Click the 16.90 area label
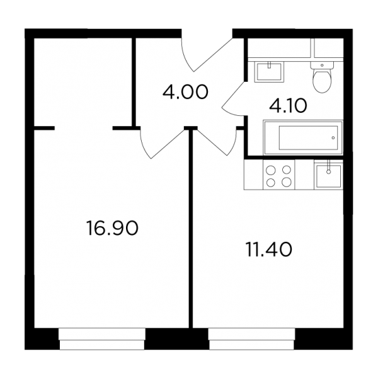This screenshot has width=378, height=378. (112, 228)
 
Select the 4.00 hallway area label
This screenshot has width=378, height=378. (185, 93)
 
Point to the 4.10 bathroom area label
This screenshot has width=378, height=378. (288, 106)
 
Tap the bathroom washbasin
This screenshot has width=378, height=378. (269, 72)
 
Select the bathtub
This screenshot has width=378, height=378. (303, 137)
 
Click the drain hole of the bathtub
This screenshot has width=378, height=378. (333, 138)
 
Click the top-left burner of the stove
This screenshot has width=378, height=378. (271, 169)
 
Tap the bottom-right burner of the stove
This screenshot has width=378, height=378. (287, 182)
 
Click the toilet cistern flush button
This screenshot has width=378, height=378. (322, 65)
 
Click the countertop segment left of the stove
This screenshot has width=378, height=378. (254, 175)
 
